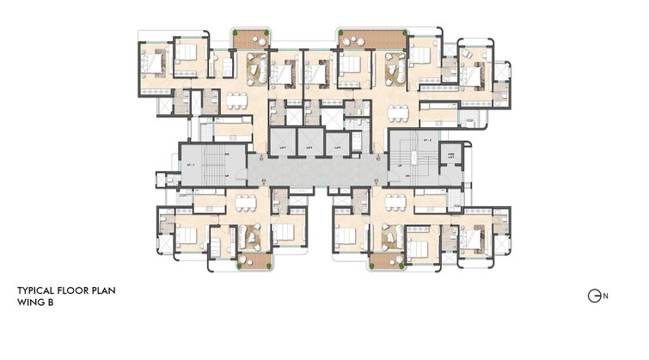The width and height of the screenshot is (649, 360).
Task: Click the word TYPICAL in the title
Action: (36, 291)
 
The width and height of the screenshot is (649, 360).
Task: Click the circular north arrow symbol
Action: (594, 296)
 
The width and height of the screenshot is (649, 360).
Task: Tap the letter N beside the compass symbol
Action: (605, 296)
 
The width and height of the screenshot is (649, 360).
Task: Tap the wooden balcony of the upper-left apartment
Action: (251, 40)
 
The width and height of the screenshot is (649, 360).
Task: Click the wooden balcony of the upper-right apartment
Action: (371, 40)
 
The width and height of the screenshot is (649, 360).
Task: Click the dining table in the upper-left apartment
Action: (236, 99)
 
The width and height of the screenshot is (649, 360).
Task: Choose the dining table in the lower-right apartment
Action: (395, 203)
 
